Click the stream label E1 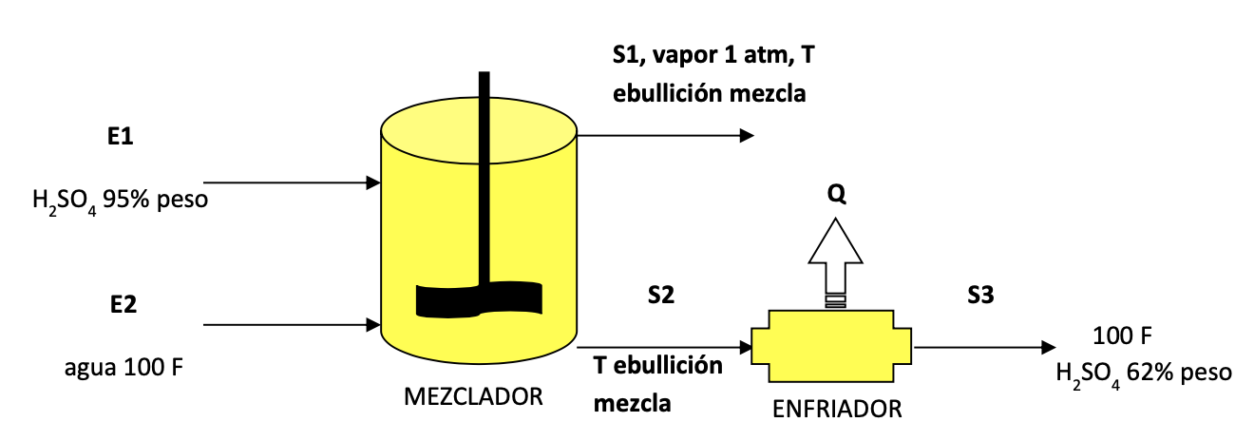coord(120,137)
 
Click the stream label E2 coord(123,305)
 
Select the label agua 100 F coord(123,367)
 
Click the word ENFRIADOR coord(836,410)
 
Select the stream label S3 coord(980,296)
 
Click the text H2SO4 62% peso coord(1143,372)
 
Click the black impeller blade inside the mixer coord(480,299)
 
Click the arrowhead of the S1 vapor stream coord(746,135)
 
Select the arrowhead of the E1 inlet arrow coord(373,182)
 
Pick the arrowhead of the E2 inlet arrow coord(373,325)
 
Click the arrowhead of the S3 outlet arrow coord(1048,348)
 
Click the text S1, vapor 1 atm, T coord(712,55)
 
